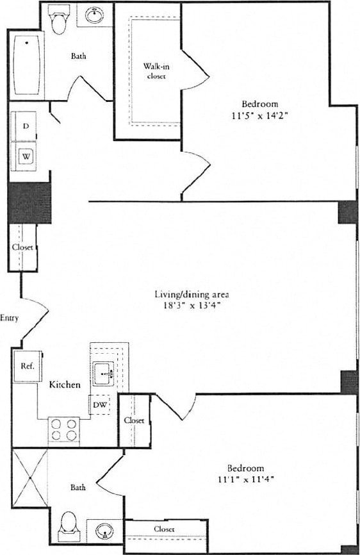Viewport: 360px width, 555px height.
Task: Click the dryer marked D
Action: click(x=25, y=126)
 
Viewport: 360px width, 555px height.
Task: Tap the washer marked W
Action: click(x=26, y=156)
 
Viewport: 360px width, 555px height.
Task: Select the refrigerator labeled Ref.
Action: click(x=28, y=367)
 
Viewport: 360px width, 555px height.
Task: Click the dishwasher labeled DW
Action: click(x=100, y=405)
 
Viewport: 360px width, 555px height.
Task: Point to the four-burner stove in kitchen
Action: click(x=63, y=429)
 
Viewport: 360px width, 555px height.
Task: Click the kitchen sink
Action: click(x=104, y=372)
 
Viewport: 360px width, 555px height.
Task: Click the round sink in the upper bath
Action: click(x=95, y=14)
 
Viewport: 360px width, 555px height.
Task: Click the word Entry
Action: click(x=10, y=318)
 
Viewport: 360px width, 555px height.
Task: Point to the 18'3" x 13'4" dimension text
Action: click(x=192, y=306)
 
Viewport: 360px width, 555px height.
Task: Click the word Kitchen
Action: click(x=65, y=385)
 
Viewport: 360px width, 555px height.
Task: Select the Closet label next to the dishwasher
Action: click(x=134, y=420)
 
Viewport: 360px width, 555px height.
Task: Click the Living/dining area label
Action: click(x=192, y=294)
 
